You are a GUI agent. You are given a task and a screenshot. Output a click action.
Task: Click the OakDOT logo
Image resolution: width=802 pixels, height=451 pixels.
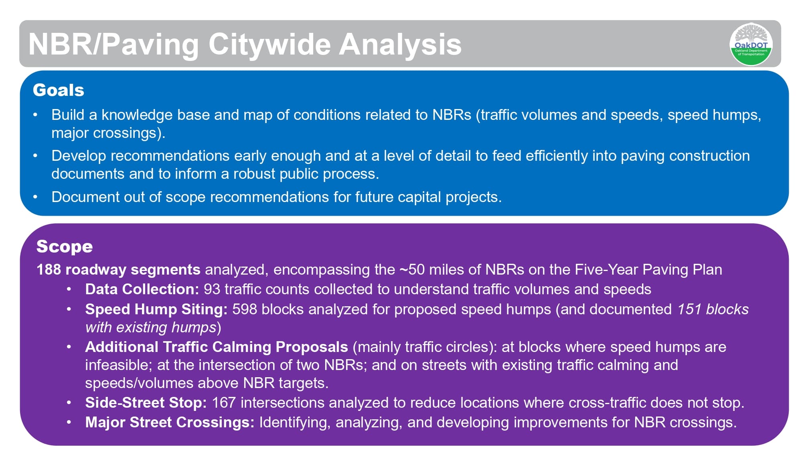[751, 44]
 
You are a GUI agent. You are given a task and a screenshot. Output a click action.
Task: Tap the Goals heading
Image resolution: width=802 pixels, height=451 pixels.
[59, 90]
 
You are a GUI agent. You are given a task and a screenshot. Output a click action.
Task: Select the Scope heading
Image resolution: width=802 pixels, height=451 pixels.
[65, 246]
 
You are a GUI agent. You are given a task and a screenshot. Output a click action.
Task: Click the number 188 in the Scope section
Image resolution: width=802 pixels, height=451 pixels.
[49, 269]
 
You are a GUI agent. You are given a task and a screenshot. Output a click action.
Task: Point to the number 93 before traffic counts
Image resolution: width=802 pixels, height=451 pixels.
[212, 289]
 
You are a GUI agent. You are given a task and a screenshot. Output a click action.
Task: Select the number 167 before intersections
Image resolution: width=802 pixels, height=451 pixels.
[223, 402]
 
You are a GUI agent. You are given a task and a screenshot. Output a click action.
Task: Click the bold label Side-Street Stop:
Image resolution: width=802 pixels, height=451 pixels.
[146, 402]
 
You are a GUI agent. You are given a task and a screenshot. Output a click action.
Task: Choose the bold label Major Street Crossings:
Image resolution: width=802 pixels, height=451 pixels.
[170, 422]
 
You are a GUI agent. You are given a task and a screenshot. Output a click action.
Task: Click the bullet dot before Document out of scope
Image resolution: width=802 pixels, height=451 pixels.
[35, 197]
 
